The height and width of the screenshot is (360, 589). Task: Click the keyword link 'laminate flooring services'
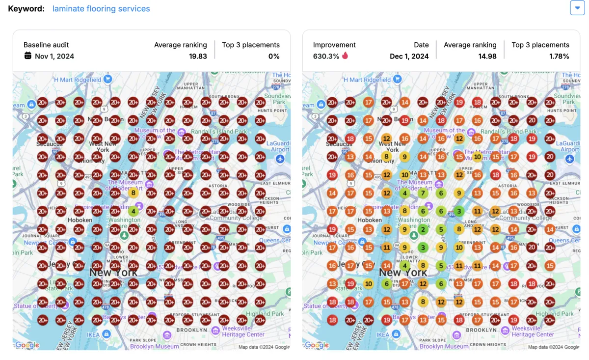101,9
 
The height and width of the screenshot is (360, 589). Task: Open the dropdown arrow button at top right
577,8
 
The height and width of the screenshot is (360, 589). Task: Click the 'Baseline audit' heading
46,45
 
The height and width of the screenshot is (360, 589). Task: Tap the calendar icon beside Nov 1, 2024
28,55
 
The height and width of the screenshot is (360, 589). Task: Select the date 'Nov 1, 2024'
54,56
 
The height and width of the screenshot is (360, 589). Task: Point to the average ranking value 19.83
198,56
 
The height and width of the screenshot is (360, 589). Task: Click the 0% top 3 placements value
273,56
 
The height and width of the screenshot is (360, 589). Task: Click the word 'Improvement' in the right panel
334,45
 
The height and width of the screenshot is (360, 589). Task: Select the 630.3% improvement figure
326,56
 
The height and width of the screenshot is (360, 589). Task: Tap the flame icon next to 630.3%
345,55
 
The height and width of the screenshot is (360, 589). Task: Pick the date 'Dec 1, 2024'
409,56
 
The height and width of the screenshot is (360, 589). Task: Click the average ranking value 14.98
487,56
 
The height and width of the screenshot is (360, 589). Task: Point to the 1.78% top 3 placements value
559,56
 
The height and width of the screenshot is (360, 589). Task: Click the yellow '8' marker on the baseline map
133,193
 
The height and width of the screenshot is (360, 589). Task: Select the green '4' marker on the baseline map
133,211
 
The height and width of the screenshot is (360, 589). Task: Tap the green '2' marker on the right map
423,229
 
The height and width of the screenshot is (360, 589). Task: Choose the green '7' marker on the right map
423,193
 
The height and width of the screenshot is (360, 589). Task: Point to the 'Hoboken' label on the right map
370,220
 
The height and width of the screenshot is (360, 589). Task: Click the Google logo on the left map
27,345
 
